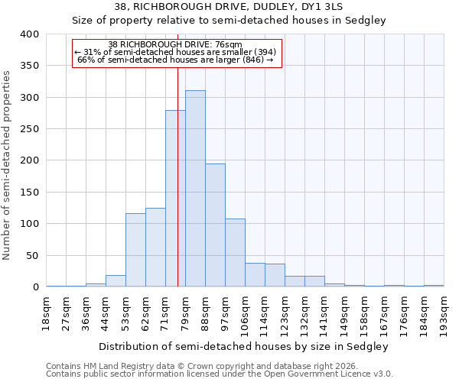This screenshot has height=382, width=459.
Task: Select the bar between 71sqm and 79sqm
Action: point(175,199)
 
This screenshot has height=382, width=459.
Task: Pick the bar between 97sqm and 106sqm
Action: point(235,253)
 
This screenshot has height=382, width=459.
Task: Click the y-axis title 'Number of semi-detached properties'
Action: point(7,165)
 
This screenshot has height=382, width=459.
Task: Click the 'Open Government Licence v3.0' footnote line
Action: point(220,374)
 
